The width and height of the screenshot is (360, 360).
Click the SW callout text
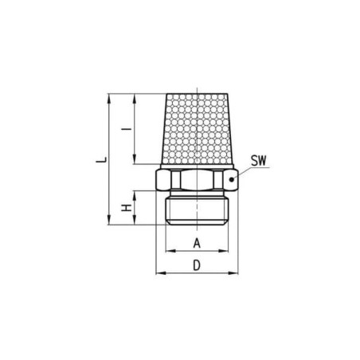pyautogui.click(x=258, y=160)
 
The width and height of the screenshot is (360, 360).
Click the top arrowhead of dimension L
pyautogui.click(x=108, y=97)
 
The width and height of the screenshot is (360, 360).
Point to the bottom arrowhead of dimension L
pyautogui.click(x=108, y=223)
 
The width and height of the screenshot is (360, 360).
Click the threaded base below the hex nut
pyautogui.click(x=197, y=209)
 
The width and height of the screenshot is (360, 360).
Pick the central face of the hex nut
pyautogui.click(x=195, y=181)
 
